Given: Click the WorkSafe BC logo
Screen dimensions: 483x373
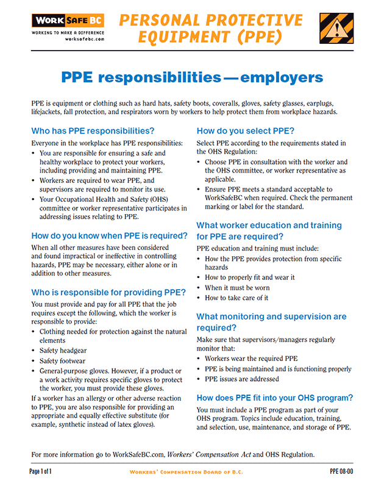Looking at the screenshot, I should [68, 21].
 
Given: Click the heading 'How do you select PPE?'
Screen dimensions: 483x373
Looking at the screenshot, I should [246, 131].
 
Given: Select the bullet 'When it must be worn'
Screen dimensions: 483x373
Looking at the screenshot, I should [236, 287].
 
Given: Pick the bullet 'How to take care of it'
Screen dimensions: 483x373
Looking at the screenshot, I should [236, 298].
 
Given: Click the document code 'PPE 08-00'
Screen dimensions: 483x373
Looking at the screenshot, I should [341, 472].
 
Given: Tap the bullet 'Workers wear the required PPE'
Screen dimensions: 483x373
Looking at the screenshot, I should [251, 359].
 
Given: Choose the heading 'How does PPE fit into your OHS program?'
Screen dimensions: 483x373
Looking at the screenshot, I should [274, 398].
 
